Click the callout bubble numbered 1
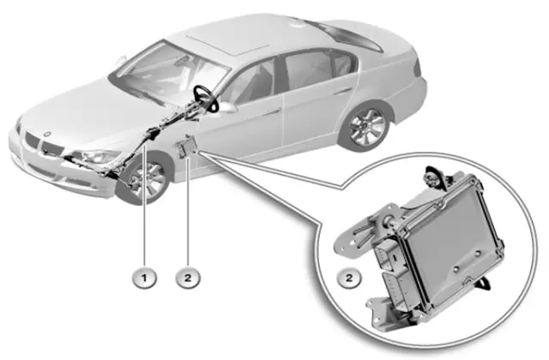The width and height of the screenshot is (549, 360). tap(144, 278)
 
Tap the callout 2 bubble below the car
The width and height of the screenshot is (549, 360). tap(188, 278)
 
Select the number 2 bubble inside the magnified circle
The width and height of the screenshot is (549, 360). tap(349, 278)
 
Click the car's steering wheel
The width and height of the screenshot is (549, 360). tap(207, 99)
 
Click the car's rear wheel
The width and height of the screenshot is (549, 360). tap(367, 126)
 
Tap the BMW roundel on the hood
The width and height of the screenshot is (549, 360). tap(47, 134)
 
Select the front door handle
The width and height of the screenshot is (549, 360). tap(272, 112)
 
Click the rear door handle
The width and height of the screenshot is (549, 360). tap(342, 91)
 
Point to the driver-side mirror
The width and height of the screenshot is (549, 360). tap(227, 107)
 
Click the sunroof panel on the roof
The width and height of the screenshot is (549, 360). tap(227, 44)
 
